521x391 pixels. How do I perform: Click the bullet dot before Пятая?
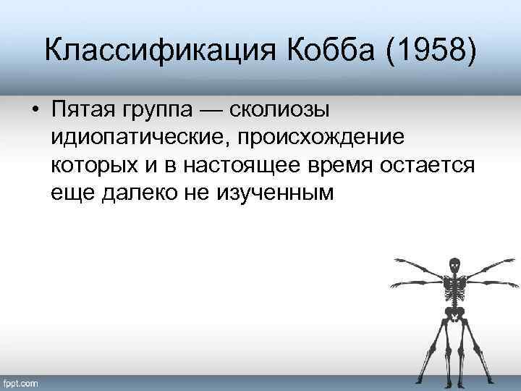35,110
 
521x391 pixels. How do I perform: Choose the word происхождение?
340,138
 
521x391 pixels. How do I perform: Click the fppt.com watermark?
22,382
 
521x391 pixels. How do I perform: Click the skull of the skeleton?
454,266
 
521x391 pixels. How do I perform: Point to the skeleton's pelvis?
454,313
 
